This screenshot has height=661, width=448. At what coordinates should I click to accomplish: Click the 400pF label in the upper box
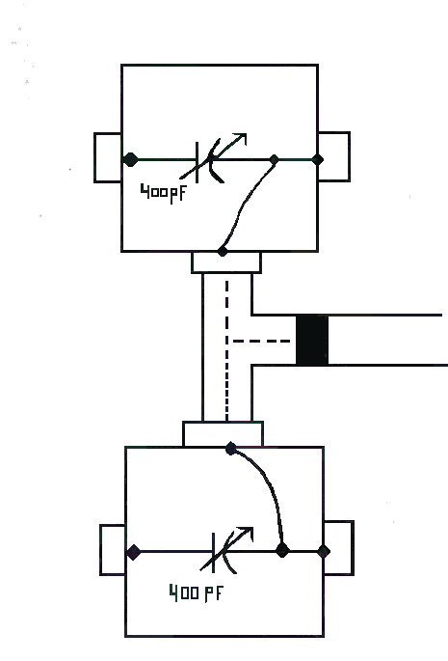coord(163,194)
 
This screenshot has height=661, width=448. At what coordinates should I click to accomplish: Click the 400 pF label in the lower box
coord(197,592)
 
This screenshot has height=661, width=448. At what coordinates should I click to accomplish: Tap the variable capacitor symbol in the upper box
coord(213,159)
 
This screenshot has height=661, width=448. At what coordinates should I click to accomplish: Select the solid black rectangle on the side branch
coord(312,340)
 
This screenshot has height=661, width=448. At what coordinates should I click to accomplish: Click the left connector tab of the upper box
coord(108,157)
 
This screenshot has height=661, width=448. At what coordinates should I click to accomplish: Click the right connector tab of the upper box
coord(334,156)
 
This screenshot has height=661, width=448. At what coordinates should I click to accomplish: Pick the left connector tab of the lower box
coord(113,550)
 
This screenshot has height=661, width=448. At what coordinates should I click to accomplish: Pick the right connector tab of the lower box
coord(338,548)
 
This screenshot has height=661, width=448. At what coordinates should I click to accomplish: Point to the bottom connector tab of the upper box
coord(226,262)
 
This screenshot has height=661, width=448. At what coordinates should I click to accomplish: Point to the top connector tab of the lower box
coord(224,433)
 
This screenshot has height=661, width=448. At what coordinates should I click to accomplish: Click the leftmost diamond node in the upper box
coord(130,159)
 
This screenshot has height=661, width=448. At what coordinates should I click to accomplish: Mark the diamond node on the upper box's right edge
coord(318,159)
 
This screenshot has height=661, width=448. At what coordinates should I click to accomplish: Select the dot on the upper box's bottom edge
coord(223,251)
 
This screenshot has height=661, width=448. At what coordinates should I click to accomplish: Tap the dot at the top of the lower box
coord(230,449)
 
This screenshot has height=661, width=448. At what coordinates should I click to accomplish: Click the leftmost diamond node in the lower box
coord(134,552)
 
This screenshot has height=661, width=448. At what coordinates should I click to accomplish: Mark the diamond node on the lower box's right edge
coord(324,551)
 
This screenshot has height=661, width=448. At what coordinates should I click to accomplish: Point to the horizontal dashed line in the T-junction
coord(261,341)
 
